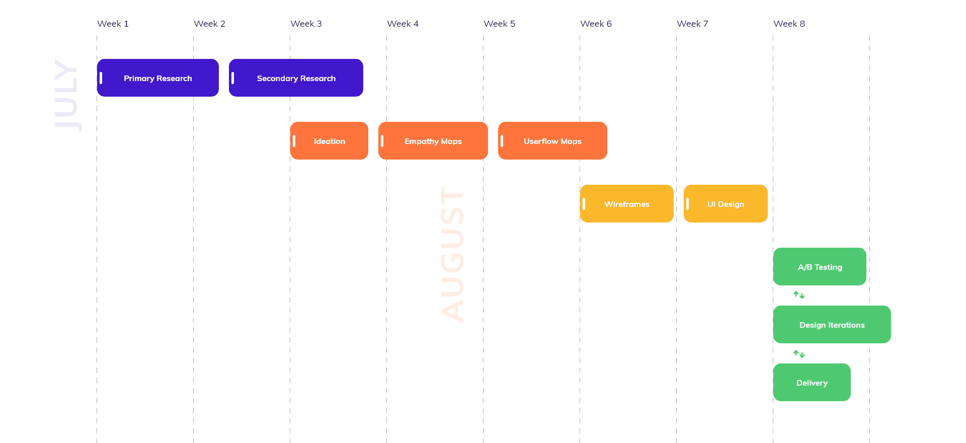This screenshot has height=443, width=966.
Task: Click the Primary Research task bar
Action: point(158,78)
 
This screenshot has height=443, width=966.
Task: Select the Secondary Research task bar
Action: point(296,78)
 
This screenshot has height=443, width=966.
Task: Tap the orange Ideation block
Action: point(330,141)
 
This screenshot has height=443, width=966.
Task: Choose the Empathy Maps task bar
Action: point(433,141)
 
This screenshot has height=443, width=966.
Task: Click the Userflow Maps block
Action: point(552,141)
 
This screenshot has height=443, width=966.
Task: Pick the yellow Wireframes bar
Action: point(627,204)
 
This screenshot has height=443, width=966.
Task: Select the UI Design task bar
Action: point(726,204)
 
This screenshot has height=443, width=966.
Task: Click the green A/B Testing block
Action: point(820,267)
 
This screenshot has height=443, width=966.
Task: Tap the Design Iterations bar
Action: point(832,325)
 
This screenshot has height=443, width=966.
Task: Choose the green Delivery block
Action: point(812,383)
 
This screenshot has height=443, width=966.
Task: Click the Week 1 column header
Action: point(113,24)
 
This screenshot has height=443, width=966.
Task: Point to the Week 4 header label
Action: point(403,24)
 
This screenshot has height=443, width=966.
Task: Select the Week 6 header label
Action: point(596,24)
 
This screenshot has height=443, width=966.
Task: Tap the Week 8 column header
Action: point(789,24)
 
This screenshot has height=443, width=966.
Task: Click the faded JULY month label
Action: point(67,96)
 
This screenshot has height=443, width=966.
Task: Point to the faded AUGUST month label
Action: point(452,254)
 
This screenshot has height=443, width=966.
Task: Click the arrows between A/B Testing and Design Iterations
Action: point(799,295)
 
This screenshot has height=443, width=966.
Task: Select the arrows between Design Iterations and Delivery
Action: point(799,354)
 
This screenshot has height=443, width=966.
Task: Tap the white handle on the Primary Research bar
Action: point(101,78)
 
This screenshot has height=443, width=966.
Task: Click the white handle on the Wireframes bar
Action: point(584,204)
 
